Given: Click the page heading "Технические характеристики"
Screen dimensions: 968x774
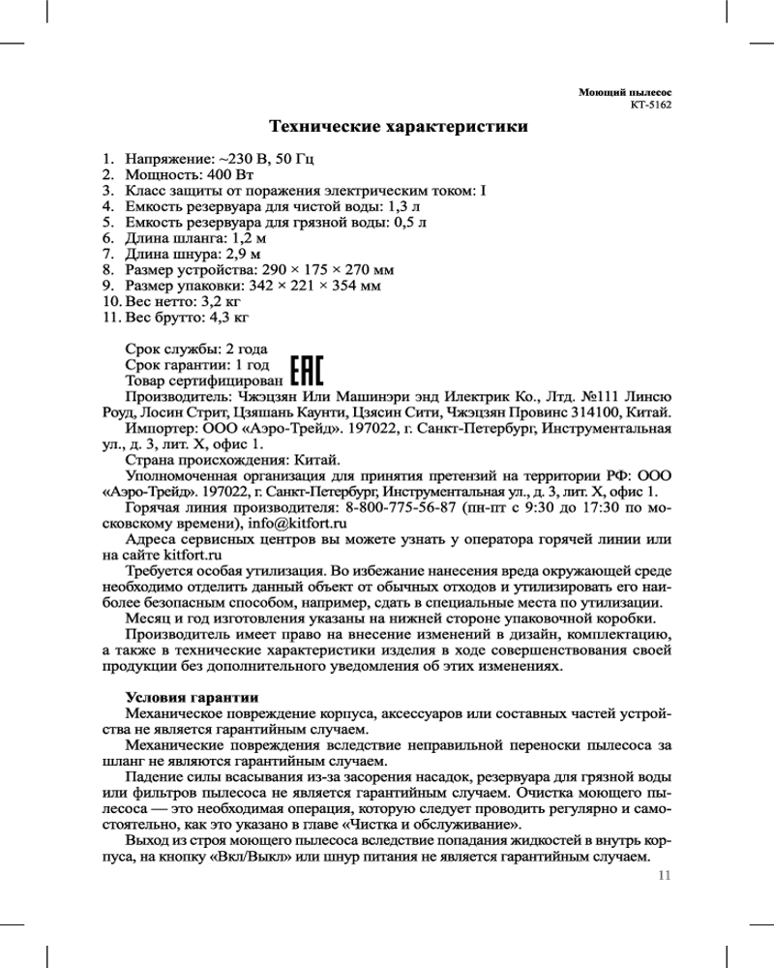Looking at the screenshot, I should [x=398, y=127].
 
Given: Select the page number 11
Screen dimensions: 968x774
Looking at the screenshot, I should [x=664, y=877].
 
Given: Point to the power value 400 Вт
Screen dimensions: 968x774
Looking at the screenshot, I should [x=230, y=174].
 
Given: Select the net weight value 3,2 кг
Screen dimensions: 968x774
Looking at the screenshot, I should [x=218, y=300].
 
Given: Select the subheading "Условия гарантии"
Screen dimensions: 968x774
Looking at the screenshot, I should [x=192, y=697].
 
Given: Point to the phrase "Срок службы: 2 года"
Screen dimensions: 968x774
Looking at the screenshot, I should [x=196, y=348].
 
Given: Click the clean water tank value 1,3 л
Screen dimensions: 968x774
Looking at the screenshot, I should [x=404, y=206].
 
